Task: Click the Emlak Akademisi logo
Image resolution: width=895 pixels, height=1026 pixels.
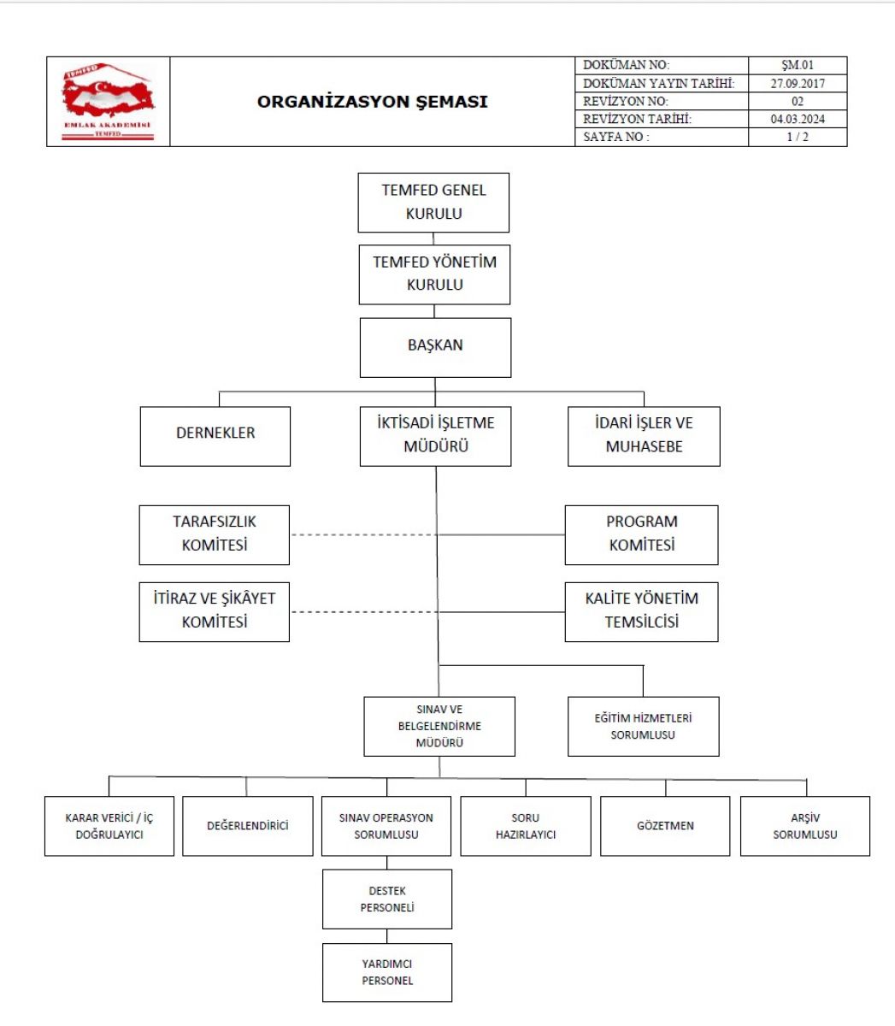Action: [x=108, y=101]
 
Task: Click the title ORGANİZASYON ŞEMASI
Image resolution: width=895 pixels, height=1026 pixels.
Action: [x=372, y=102]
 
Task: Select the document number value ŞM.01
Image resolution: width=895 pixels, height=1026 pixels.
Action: [x=798, y=65]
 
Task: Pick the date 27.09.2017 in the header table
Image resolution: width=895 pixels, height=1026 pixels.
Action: [x=798, y=83]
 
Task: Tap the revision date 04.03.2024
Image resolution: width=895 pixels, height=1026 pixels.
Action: [x=798, y=119]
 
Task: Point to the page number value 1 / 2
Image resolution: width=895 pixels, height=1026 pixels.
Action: [x=798, y=137]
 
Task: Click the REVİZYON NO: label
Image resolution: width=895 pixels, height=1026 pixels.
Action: [x=625, y=101]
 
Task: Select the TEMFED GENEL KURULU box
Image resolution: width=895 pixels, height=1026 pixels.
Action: [x=433, y=203]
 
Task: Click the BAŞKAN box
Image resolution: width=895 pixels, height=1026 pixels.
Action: [x=435, y=347]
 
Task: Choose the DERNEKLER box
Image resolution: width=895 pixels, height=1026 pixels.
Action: [x=215, y=436]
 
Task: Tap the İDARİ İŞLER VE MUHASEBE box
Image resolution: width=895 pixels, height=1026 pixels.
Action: [x=644, y=436]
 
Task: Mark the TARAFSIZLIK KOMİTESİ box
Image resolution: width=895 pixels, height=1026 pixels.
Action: [x=214, y=535]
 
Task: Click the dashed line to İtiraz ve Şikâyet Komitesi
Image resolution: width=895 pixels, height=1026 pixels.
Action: [x=364, y=612]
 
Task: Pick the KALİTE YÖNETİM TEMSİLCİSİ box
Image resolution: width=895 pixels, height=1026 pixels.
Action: [x=641, y=612]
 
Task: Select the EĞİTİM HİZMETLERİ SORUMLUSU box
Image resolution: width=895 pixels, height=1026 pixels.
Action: [x=644, y=726]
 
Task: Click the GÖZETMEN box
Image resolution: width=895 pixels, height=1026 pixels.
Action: [x=665, y=826]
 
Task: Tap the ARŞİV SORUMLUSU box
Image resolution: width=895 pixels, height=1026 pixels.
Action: [x=804, y=826]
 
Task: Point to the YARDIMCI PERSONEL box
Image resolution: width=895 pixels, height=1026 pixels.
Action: [x=387, y=972]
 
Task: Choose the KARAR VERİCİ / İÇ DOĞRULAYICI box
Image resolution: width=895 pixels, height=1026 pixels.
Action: [x=109, y=826]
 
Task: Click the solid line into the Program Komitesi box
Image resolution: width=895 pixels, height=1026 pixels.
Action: [x=502, y=534]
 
